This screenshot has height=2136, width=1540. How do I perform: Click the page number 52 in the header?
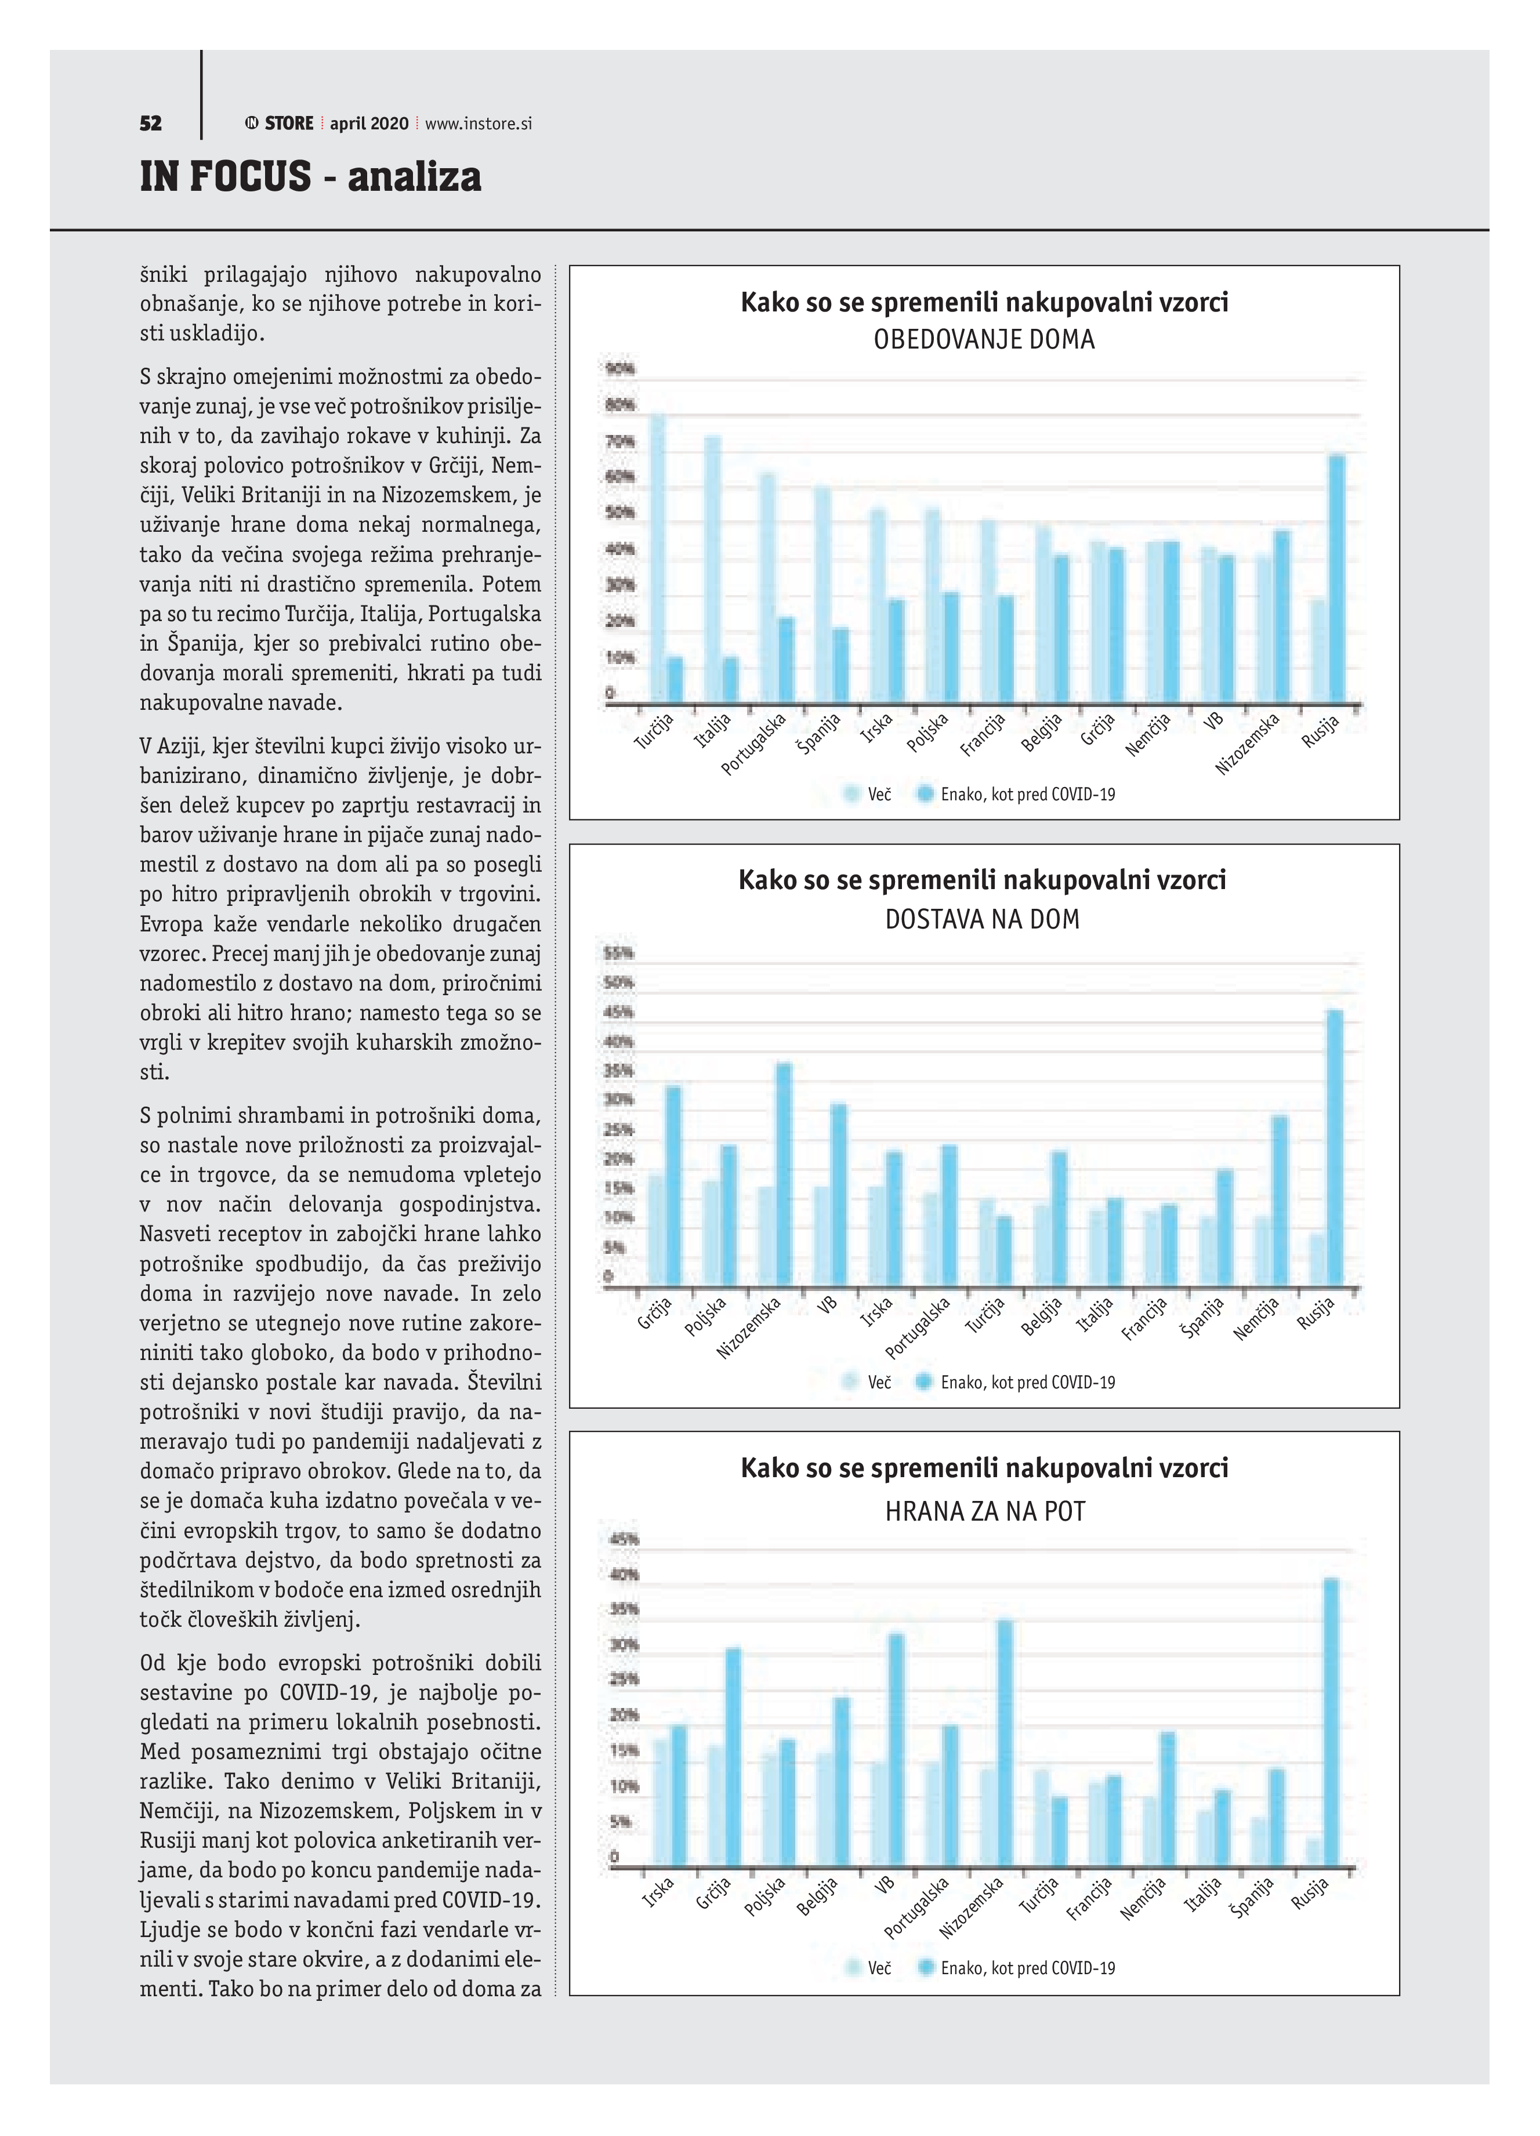coord(151,124)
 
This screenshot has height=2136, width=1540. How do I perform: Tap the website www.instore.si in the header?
coord(479,124)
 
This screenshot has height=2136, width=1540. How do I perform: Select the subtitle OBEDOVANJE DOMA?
coord(984,339)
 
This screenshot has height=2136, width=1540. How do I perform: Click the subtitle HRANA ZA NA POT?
coord(984,1511)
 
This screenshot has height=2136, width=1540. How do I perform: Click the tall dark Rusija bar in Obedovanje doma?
coord(1336,579)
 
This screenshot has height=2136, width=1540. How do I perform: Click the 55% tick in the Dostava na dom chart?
coord(618,953)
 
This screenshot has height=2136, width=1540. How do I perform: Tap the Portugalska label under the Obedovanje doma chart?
coord(753,744)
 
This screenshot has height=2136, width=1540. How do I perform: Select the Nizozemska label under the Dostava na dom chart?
coord(749,1328)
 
